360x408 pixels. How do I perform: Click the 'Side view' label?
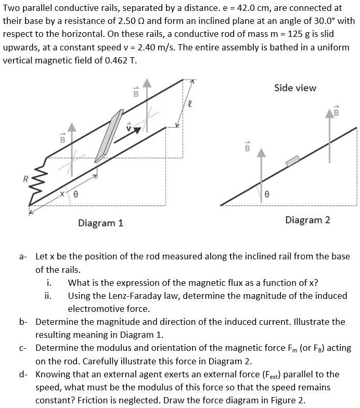pyautogui.click(x=295, y=88)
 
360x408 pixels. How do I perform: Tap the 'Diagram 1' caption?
pyautogui.click(x=100, y=223)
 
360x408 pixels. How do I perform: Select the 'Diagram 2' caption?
pyautogui.click(x=307, y=220)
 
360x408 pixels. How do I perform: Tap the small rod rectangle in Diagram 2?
pyautogui.click(x=292, y=161)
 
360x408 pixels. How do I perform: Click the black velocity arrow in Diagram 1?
pyautogui.click(x=127, y=135)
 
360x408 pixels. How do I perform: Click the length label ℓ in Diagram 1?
pyautogui.click(x=190, y=103)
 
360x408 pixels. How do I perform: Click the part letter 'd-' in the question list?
pyautogui.click(x=23, y=374)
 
